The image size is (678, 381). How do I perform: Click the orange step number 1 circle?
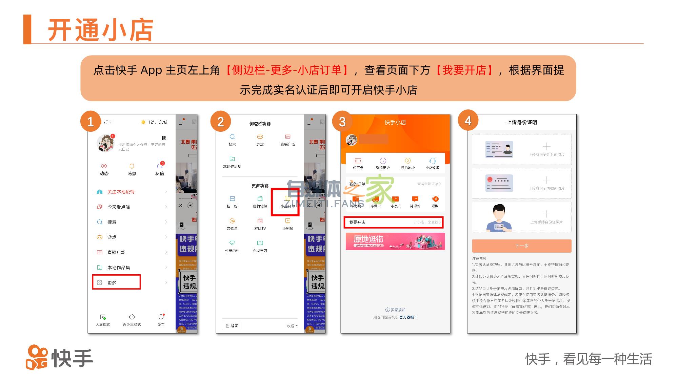(91, 121)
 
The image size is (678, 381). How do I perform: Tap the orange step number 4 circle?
(468, 121)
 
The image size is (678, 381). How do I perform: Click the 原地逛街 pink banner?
(395, 241)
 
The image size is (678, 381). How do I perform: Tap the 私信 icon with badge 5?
(160, 168)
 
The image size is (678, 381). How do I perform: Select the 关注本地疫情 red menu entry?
(121, 192)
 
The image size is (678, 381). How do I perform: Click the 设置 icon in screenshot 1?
(161, 319)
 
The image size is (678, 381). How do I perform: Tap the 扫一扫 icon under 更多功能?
(232, 201)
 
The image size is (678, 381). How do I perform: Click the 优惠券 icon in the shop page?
(358, 163)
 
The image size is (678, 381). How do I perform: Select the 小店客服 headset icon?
(433, 163)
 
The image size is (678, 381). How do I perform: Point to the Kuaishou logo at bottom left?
(60, 358)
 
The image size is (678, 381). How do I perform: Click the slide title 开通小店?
(101, 30)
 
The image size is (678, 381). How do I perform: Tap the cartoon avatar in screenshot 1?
(105, 143)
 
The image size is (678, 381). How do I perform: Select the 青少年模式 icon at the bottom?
(132, 319)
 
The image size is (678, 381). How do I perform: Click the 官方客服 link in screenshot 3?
(408, 317)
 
